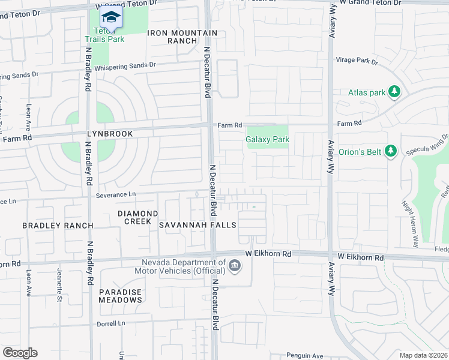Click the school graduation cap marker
(x=110, y=16)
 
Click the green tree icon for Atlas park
(x=394, y=92)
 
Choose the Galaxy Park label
(x=268, y=139)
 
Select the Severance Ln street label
(x=116, y=194)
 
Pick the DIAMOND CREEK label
(x=137, y=217)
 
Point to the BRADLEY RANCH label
(x=58, y=226)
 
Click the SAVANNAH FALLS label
(x=197, y=224)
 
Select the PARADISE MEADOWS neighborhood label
(x=120, y=296)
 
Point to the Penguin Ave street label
(x=304, y=355)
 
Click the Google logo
(x=20, y=353)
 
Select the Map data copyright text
(x=423, y=355)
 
